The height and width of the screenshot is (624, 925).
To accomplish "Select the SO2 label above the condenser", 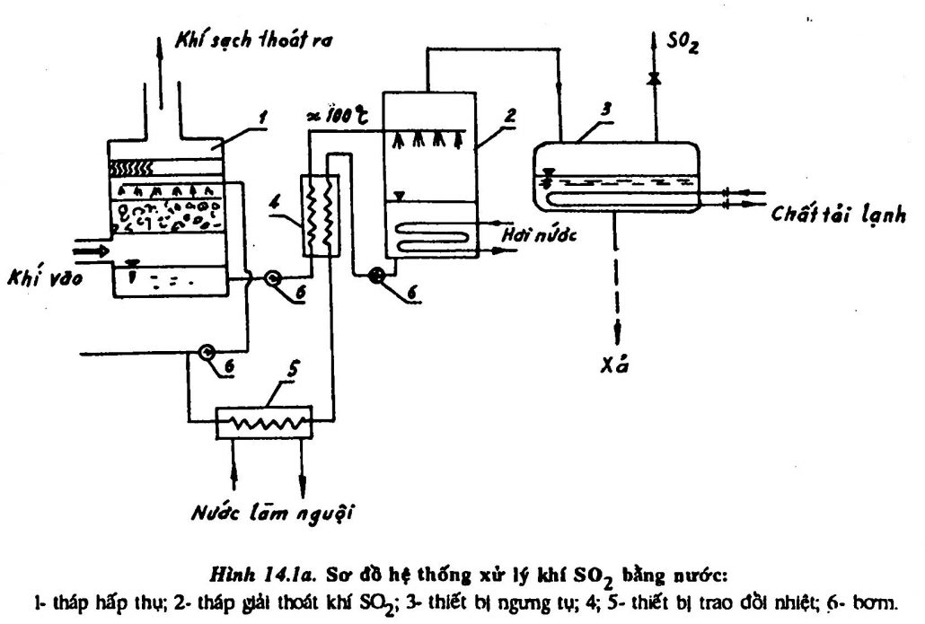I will pos(683,42).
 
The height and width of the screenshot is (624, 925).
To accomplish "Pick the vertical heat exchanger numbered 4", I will pos(320,213).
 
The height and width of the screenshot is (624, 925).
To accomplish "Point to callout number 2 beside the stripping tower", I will pos(509,114).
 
